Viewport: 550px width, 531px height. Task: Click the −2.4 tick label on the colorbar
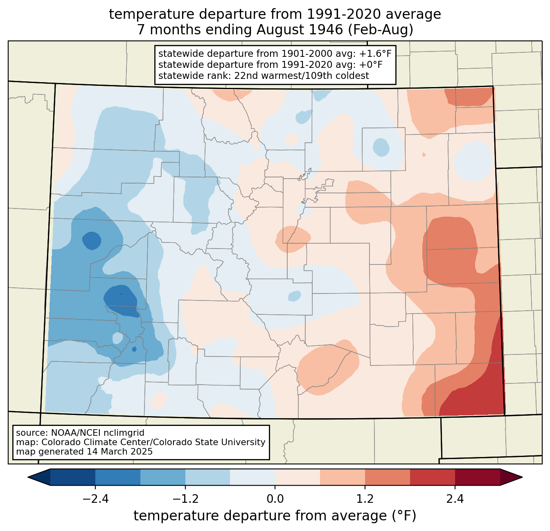point(95,499)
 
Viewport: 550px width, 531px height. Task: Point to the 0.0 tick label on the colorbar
point(275,499)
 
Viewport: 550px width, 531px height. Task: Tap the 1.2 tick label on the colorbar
point(365,499)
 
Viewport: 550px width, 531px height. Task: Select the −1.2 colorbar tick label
point(185,499)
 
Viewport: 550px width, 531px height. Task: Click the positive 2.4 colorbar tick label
point(455,499)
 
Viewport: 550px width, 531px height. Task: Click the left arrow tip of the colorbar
point(28,477)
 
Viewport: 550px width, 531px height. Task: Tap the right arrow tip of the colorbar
point(522,477)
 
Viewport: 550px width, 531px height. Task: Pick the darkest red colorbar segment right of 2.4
point(478,477)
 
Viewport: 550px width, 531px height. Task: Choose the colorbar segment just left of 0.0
point(252,477)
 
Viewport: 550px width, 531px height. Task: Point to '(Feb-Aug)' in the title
point(381,30)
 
